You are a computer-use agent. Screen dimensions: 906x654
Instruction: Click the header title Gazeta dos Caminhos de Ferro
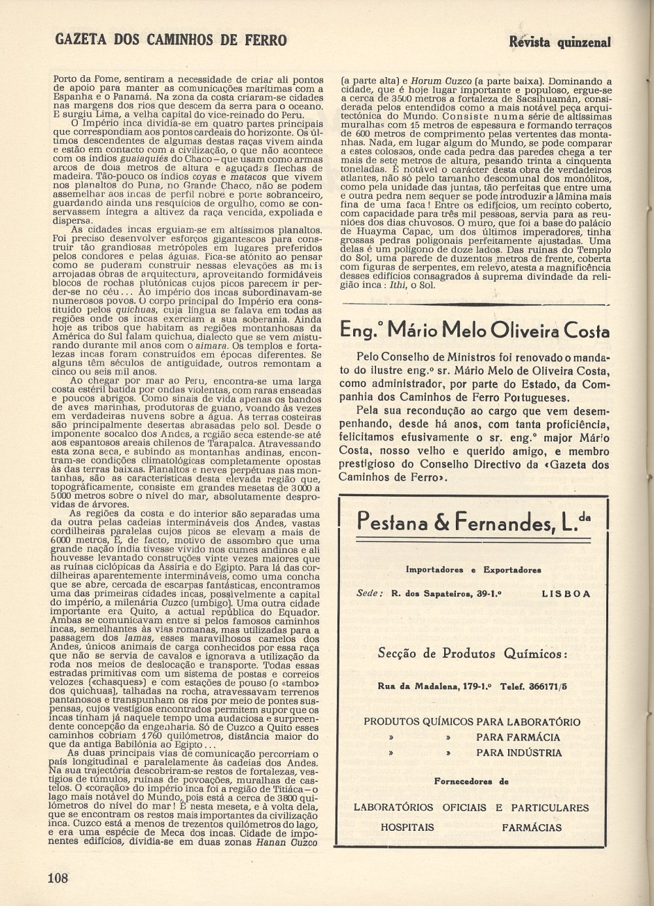point(171,40)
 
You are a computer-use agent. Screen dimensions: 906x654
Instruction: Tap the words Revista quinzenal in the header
point(559,42)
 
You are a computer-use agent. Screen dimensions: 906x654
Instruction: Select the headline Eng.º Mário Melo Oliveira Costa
point(475,330)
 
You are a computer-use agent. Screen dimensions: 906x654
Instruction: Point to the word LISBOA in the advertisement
point(566,594)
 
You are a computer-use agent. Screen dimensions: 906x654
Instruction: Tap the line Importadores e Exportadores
point(473,570)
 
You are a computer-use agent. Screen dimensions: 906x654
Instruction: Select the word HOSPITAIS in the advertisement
point(407,827)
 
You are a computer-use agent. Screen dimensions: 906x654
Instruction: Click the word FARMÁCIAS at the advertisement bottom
point(532,827)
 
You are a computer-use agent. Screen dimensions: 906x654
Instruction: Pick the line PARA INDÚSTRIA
point(519,752)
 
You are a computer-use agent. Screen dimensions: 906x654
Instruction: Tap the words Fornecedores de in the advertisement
point(471,780)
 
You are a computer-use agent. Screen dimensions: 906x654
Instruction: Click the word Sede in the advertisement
point(368,594)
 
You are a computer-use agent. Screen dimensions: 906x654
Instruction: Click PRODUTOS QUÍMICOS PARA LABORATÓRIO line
point(472,722)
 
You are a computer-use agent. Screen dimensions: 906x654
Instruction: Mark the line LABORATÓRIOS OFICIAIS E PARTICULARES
point(471,808)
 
